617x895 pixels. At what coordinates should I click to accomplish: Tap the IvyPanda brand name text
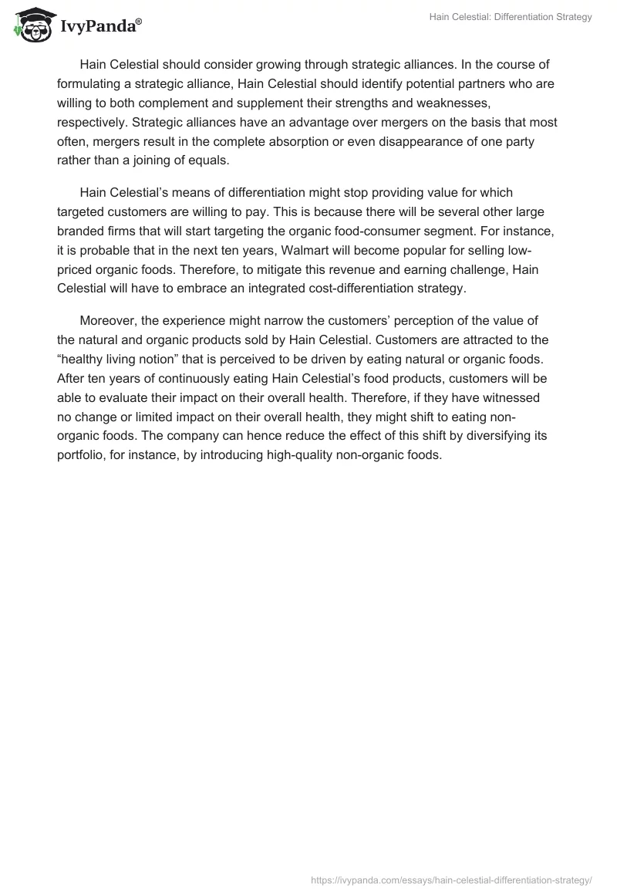tap(97, 25)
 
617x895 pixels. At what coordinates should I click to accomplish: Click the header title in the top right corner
tap(511, 17)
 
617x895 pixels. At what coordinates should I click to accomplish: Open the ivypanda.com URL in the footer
tap(450, 879)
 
